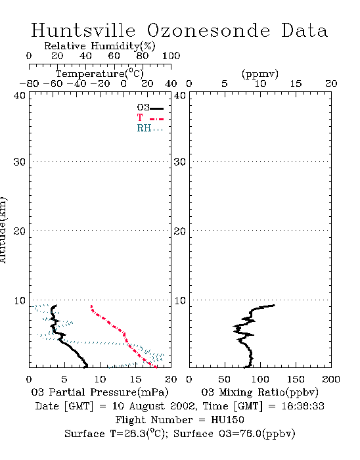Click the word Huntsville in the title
coord(83,30)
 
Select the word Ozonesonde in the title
coord(208,30)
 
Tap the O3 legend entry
coord(150,108)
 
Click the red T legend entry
coord(150,118)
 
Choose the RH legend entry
coord(150,129)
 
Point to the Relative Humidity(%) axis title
coord(100,46)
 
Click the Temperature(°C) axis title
coord(100,74)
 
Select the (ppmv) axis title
coord(260,74)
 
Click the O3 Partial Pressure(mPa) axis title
coord(100,392)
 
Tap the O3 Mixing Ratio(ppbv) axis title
coord(259,392)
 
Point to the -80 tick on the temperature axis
coord(29,83)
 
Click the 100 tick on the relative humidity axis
coord(171,55)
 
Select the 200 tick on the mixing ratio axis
coord(331,379)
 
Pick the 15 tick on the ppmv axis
coord(296,83)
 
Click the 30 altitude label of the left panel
coord(19,162)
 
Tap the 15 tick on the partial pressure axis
coord(135,379)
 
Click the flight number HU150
coord(227,420)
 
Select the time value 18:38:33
coord(303,406)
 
